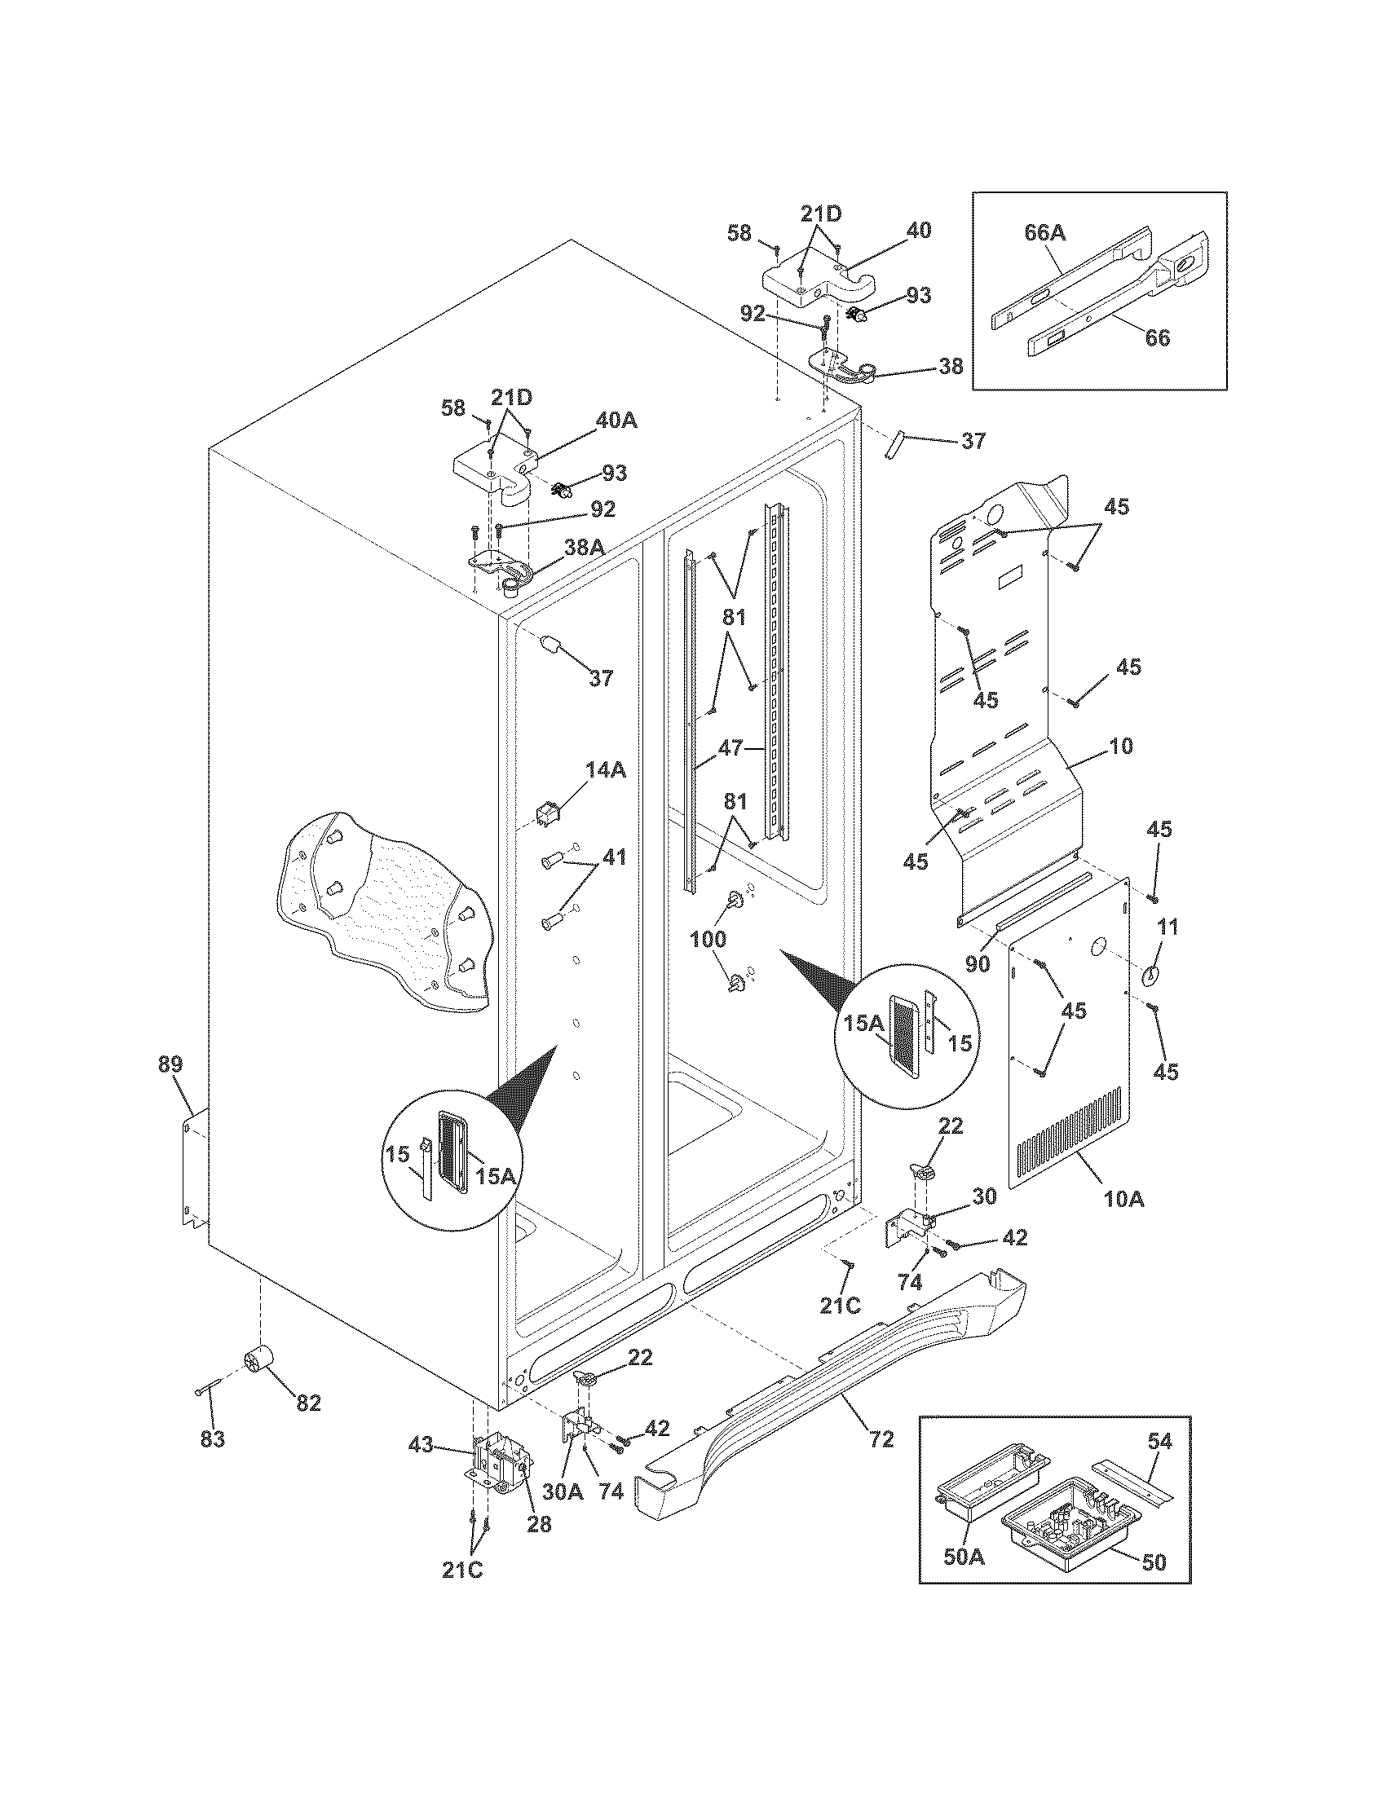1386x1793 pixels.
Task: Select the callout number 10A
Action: click(x=1124, y=1200)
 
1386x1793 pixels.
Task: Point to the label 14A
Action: click(x=606, y=769)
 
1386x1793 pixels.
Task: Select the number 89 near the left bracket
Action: click(x=171, y=1065)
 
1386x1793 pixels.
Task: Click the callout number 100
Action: click(x=708, y=938)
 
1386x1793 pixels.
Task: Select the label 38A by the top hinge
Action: click(x=585, y=547)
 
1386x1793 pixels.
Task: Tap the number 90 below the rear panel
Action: click(x=977, y=964)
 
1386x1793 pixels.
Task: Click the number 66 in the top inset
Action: click(x=1157, y=337)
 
